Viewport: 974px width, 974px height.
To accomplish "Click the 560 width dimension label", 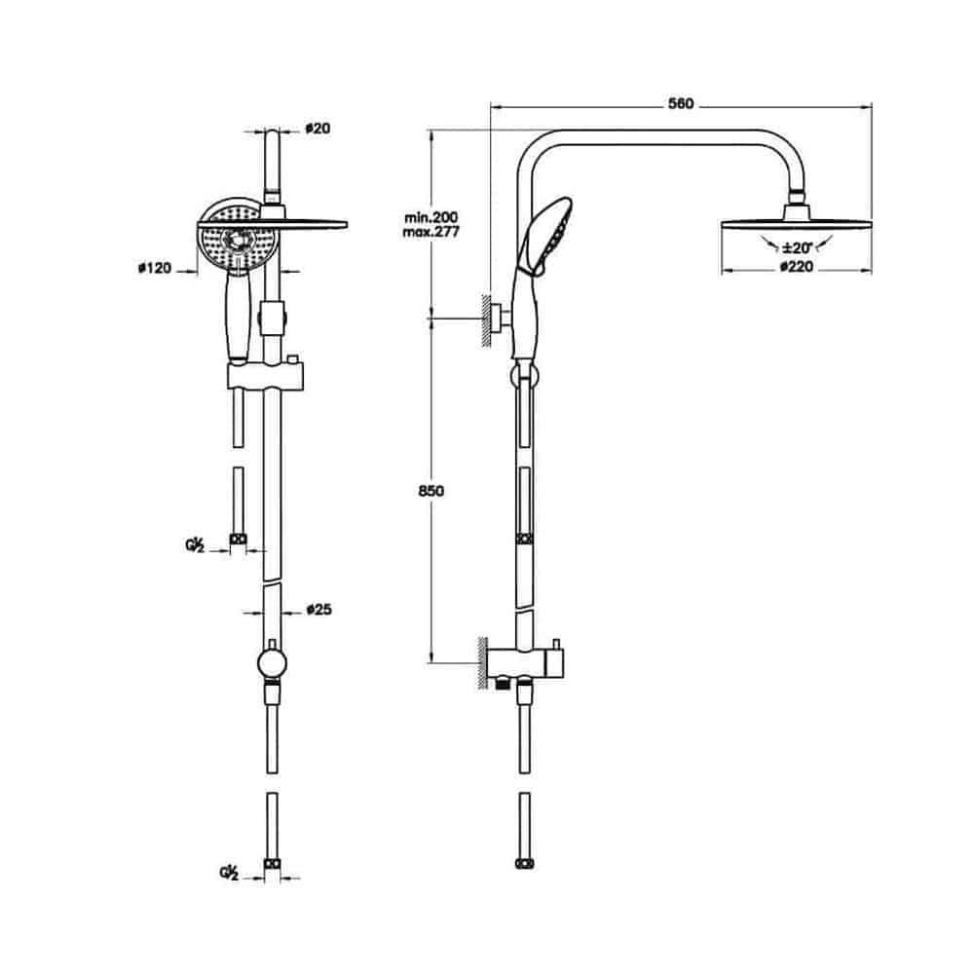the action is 681,104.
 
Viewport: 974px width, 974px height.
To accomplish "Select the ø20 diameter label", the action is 318,129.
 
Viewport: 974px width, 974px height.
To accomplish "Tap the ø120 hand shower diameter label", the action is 154,269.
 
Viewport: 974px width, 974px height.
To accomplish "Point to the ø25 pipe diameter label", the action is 318,610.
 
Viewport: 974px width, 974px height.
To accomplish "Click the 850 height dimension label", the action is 431,491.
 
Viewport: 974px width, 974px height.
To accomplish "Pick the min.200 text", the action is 431,217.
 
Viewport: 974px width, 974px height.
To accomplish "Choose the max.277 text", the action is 431,233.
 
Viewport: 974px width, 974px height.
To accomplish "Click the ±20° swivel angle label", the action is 797,247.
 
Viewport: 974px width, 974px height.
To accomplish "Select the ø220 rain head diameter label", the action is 796,267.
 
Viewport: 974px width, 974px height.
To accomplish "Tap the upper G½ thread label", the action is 195,545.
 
